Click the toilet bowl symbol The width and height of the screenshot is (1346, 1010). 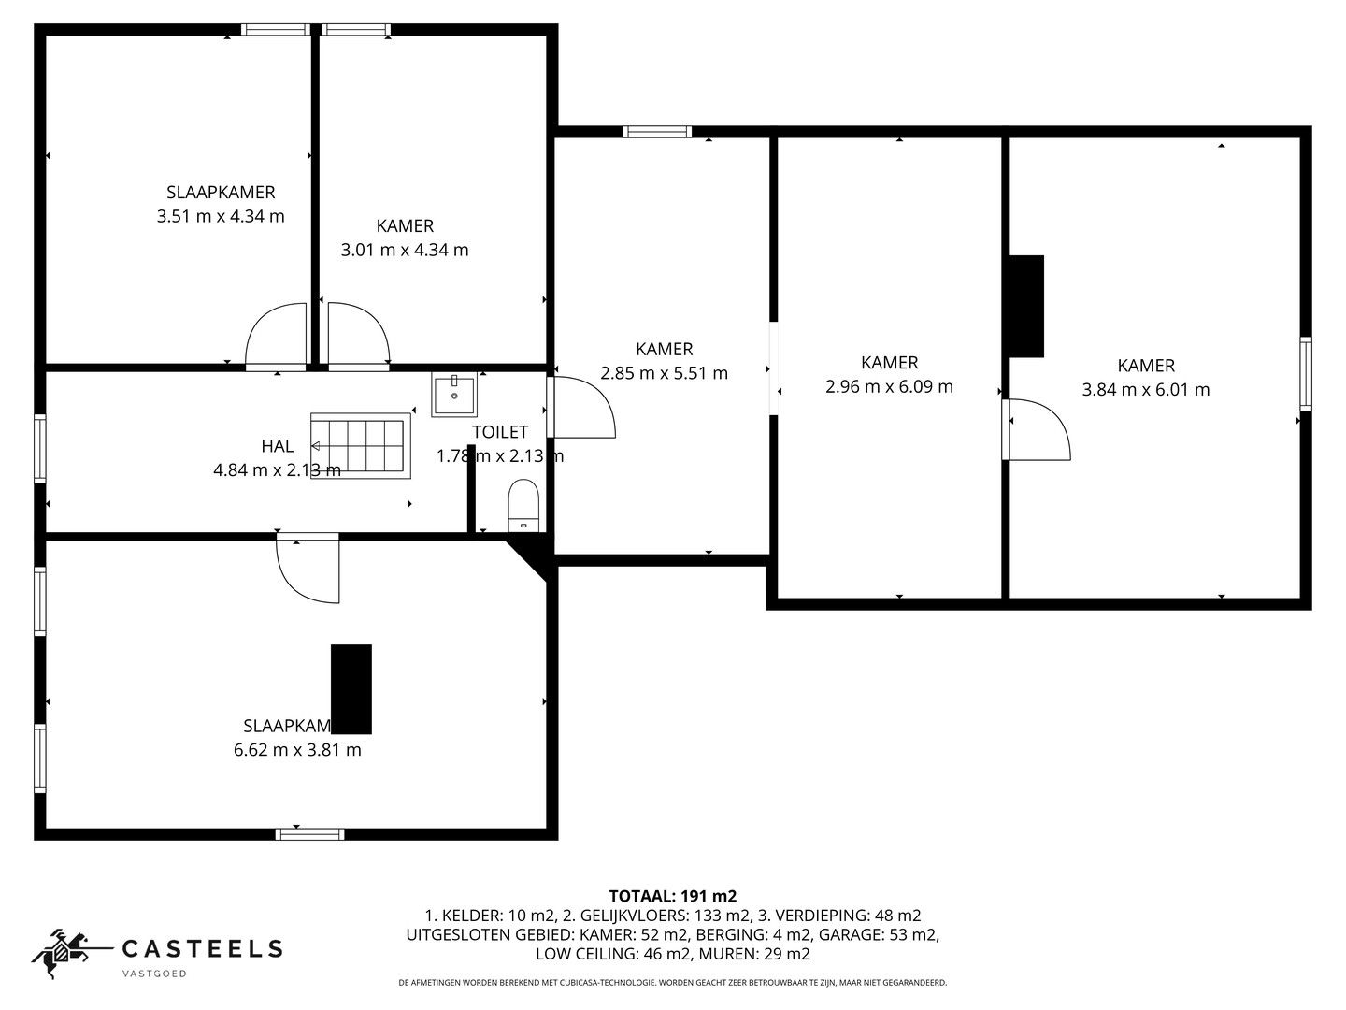point(523,505)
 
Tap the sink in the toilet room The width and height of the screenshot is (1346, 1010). point(453,395)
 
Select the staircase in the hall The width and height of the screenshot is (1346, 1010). point(361,445)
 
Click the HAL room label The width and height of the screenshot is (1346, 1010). point(278,446)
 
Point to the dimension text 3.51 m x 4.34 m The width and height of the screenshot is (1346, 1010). point(221,217)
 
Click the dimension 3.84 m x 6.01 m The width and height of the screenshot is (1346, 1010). point(1145,390)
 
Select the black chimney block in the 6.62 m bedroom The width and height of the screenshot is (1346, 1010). point(351,688)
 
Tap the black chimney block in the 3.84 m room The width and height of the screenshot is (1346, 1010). point(1025,306)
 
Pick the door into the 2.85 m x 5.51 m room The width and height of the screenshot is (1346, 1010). point(581,407)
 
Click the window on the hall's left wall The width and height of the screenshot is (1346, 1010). point(40,449)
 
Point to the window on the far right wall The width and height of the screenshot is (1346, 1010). point(1306,373)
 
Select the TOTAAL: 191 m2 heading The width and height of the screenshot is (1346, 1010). point(672,896)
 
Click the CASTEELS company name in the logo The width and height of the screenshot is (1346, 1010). point(203,949)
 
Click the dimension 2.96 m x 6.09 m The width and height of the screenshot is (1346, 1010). point(889,386)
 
